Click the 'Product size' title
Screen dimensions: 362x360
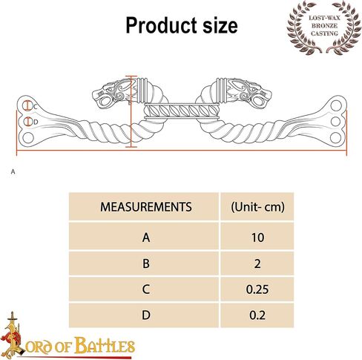coord(182,25)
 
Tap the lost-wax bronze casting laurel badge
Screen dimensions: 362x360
coord(324,27)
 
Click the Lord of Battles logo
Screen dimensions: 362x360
coord(68,336)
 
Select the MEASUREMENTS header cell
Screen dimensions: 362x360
coord(146,207)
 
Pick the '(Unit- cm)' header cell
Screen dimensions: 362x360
coord(257,207)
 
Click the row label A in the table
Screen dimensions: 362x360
coord(146,238)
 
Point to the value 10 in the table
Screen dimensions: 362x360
coord(257,238)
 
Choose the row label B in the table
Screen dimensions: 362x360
coord(146,264)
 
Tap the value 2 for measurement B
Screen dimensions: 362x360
coord(257,264)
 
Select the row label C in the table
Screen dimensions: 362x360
coord(146,289)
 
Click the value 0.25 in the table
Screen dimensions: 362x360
coord(257,289)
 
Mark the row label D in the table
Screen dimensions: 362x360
coord(146,315)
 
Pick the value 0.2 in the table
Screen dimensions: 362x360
coord(257,315)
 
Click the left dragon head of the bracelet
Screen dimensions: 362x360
coord(113,93)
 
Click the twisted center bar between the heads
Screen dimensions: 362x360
coord(182,111)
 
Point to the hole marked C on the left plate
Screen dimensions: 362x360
coord(27,105)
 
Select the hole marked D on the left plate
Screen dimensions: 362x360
coord(28,122)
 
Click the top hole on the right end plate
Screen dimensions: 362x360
coord(336,105)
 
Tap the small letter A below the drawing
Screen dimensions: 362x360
coord(13,171)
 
